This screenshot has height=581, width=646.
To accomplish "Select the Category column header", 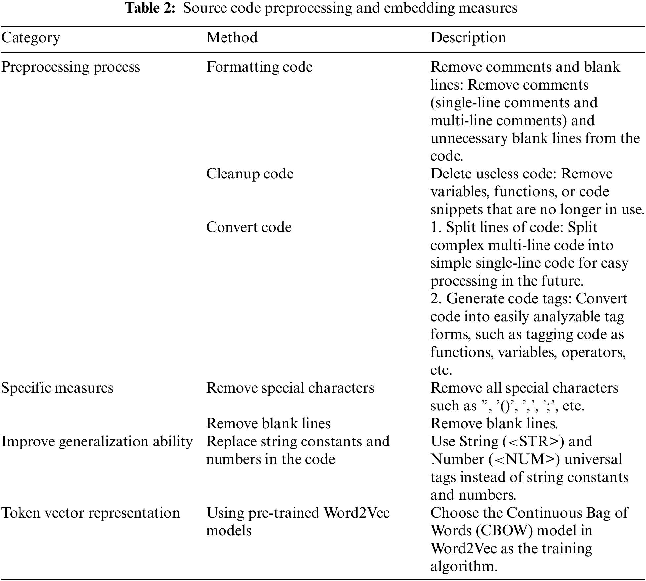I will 30,38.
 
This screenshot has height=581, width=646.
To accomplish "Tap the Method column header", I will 232,38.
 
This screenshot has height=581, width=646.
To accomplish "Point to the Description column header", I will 468,38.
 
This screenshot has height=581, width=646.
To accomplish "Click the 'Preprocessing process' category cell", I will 70,67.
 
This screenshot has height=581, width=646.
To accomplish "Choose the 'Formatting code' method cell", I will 259,67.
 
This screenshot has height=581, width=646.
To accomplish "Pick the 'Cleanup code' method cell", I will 250,174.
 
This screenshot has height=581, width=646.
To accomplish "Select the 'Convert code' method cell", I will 249,227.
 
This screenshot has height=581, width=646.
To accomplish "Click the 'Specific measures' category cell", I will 57,388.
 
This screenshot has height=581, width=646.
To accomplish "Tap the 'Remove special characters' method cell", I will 290,388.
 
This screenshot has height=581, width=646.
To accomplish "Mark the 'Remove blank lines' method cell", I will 268,423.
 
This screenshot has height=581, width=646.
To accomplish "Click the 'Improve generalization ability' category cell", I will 97,441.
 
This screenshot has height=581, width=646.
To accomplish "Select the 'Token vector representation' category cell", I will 91,513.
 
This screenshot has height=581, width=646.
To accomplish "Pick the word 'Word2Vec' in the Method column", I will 356,513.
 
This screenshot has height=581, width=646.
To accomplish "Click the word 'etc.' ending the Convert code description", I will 441,370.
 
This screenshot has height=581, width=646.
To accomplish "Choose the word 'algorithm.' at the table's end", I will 464,566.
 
